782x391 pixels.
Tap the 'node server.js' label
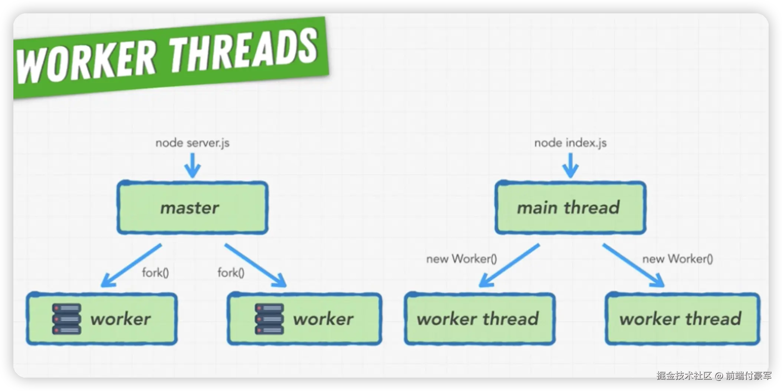tap(192, 143)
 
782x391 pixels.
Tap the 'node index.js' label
tap(570, 143)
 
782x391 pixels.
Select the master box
tap(193, 208)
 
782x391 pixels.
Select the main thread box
tap(570, 208)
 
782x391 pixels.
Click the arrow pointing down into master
tap(193, 165)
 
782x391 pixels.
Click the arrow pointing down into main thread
tap(571, 165)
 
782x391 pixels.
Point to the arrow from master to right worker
tap(256, 266)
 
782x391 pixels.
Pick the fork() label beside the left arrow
tap(155, 273)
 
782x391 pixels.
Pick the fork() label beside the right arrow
tap(231, 273)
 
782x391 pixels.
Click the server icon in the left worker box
tap(67, 319)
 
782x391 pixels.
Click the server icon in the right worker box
tap(269, 319)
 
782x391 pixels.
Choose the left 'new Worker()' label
tap(461, 259)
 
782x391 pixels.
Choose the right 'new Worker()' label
tap(677, 259)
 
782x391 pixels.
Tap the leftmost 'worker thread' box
tap(479, 319)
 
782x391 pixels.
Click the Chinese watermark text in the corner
tap(714, 375)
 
